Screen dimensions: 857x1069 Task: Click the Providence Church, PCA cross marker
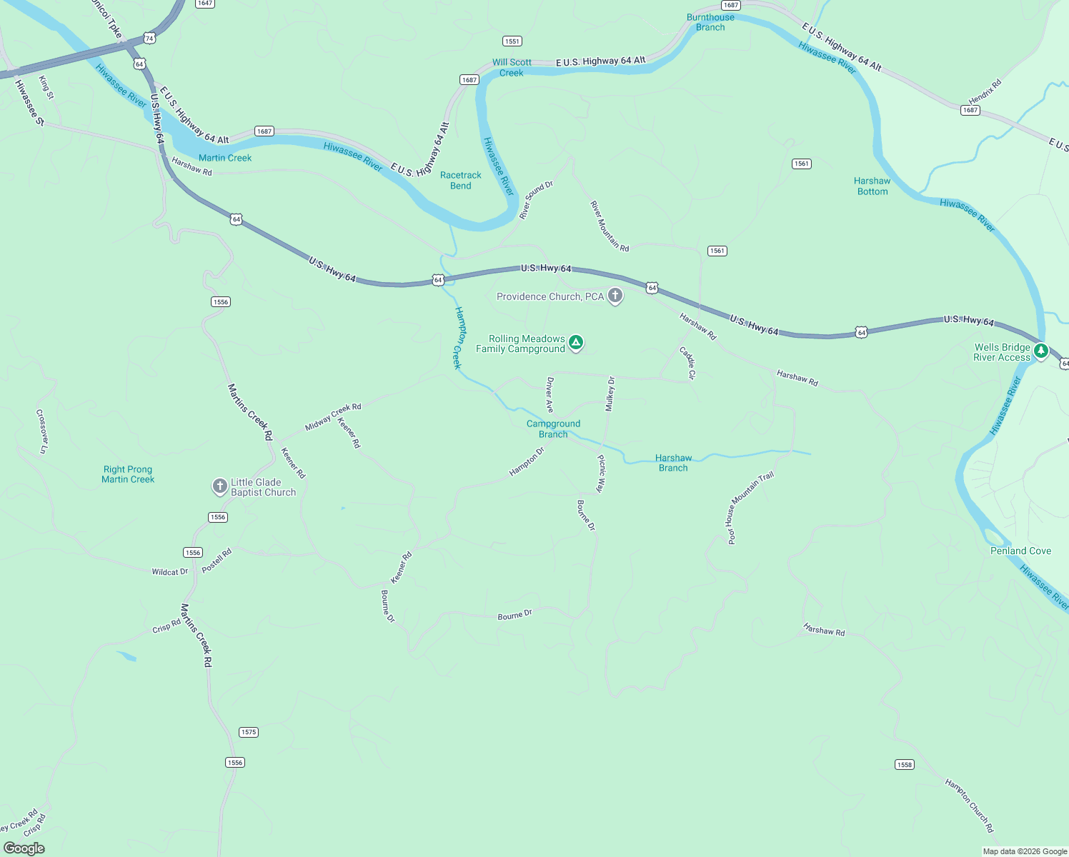[x=615, y=296]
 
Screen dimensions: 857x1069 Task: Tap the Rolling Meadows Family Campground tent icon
[x=576, y=343]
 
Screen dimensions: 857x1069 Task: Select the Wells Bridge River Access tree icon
[x=1041, y=351]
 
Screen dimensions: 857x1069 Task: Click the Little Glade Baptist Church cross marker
[x=220, y=486]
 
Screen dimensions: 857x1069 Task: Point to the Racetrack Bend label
[x=460, y=180]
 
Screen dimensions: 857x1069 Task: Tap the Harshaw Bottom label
[x=872, y=186]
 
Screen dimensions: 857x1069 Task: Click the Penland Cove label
[x=1020, y=551]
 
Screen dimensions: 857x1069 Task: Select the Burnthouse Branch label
[x=710, y=22]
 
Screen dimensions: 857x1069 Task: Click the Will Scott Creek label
[x=512, y=67]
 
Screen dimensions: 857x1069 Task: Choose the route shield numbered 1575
[x=248, y=732]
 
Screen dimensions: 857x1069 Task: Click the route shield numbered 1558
[x=904, y=764]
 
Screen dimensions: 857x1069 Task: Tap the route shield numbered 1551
[x=512, y=41]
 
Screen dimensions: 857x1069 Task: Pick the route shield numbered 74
[x=149, y=37]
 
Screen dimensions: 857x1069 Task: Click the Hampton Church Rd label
[x=969, y=806]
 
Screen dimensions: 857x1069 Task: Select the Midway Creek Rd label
[x=333, y=417]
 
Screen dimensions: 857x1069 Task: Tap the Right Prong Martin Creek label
[x=128, y=474]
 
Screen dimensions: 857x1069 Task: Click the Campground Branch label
[x=553, y=428]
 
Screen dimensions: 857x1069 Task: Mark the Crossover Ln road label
[x=42, y=431]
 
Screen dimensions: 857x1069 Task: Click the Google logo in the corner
[x=24, y=848]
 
